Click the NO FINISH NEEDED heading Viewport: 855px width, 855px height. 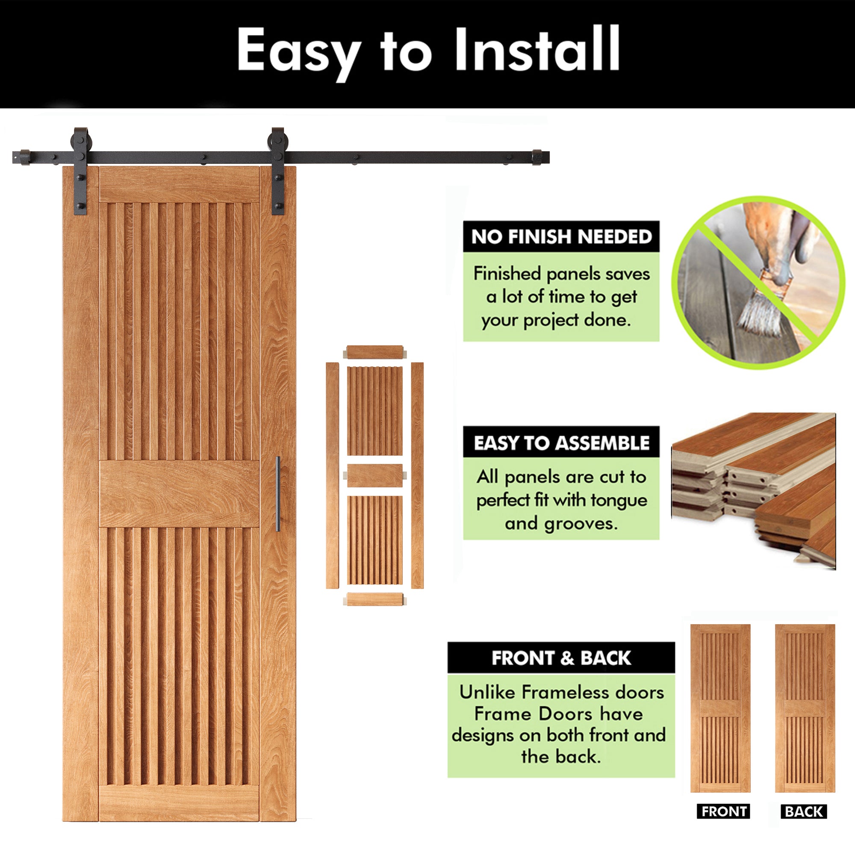coord(561,237)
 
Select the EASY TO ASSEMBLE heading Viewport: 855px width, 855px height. coord(561,443)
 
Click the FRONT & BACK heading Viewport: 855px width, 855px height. coord(561,658)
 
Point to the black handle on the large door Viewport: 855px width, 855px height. coord(278,493)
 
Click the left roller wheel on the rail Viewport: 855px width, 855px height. coord(81,141)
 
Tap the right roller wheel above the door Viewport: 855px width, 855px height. coord(278,141)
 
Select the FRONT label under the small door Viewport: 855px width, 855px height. coord(724,812)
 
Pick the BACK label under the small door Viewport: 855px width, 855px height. coord(804,812)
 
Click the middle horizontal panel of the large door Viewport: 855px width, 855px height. coord(179,493)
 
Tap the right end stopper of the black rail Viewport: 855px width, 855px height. coord(537,157)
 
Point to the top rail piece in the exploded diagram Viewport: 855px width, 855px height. coord(374,352)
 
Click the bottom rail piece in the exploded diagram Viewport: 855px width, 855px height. coord(374,599)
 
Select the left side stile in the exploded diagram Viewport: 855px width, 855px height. coord(332,476)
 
